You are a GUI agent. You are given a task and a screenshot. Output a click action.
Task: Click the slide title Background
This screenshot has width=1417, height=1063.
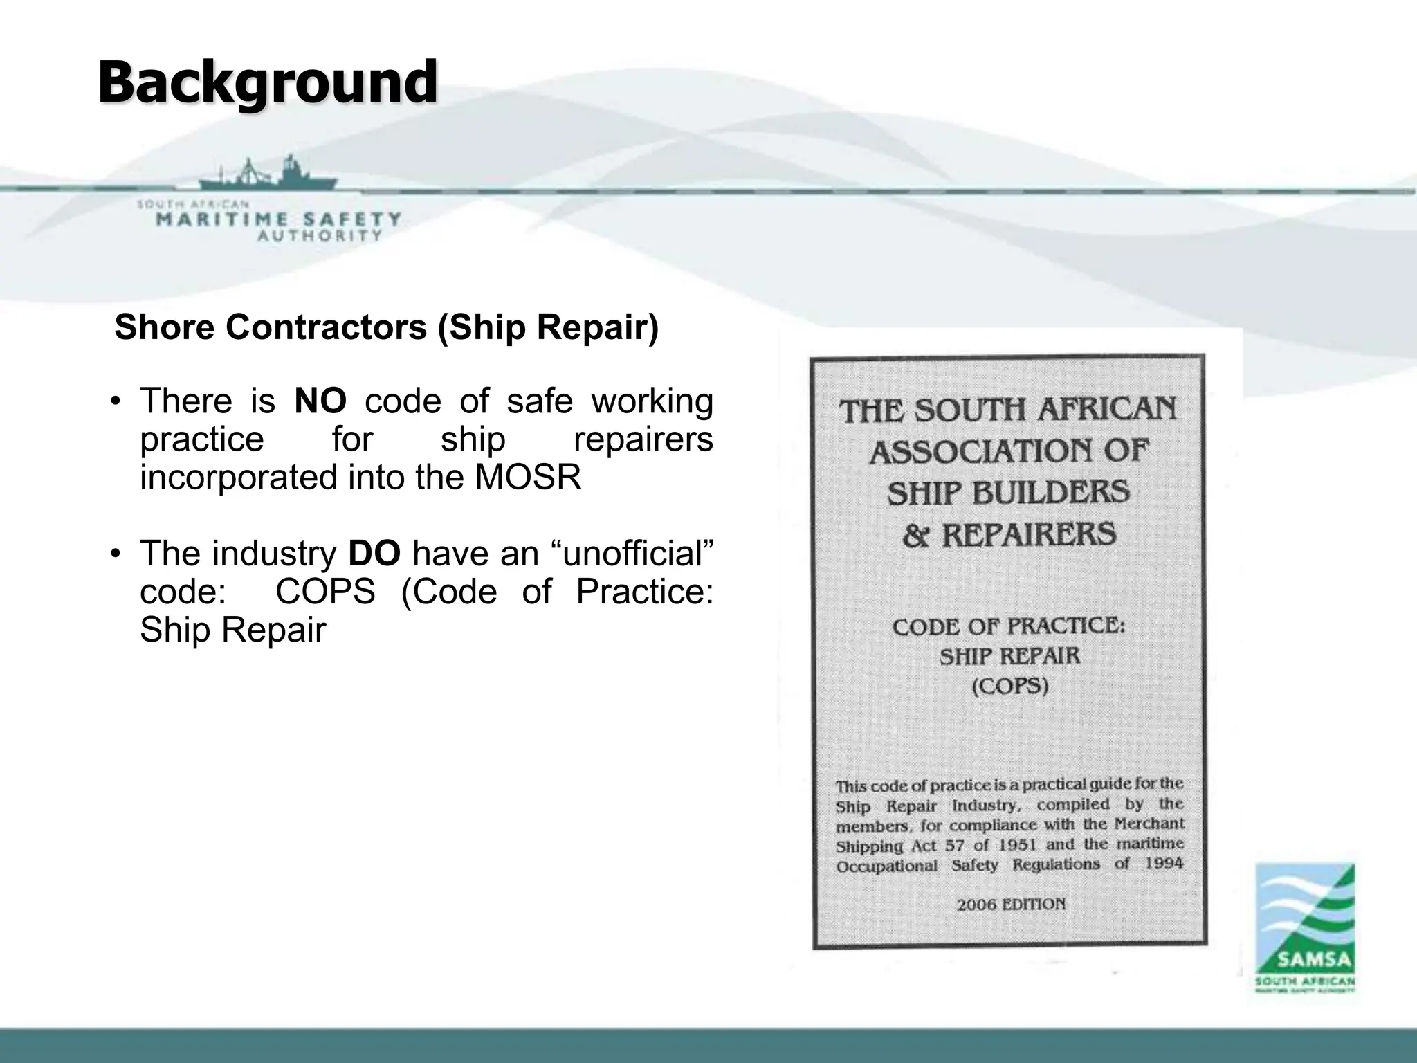coord(267,82)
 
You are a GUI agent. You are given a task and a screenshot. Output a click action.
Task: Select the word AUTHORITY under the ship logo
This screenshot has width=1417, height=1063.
coord(320,235)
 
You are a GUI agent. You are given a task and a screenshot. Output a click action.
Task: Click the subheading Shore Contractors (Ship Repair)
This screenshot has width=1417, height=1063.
coord(386,327)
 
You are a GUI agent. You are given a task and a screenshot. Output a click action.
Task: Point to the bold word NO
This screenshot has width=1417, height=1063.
coord(320,401)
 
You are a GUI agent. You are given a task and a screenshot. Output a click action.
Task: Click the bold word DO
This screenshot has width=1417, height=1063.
coord(374,554)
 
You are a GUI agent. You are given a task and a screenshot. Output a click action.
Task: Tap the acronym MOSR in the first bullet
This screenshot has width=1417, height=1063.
coord(528,478)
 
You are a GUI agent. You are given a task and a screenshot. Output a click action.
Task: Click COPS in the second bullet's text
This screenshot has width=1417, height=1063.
coord(325,592)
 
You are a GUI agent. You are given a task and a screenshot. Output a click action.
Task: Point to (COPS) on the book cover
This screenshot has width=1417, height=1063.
coord(1010,687)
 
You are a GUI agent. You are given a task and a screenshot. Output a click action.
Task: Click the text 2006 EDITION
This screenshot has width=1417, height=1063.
coord(1011,904)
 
